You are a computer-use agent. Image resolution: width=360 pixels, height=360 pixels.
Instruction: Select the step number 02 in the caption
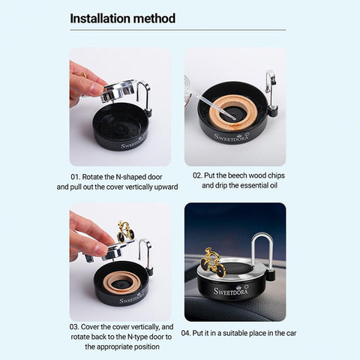pyautogui.click(x=199, y=175)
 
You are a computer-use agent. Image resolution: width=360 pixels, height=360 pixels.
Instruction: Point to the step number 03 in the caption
pyautogui.click(x=75, y=327)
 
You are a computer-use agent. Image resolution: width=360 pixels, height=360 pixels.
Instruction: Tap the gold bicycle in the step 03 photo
pyautogui.click(x=125, y=232)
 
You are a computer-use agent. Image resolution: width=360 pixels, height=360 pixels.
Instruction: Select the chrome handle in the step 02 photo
pyautogui.click(x=270, y=84)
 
